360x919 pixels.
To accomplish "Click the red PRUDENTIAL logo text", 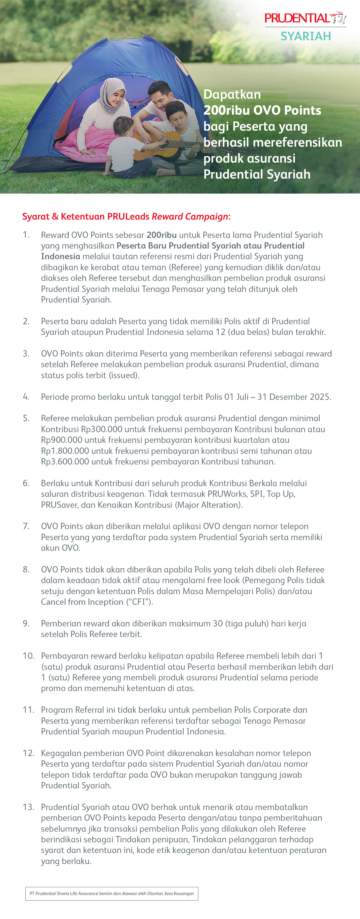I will click(x=297, y=18).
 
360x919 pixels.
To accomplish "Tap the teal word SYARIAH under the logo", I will click(x=305, y=36).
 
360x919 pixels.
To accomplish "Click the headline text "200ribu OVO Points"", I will click(x=262, y=110).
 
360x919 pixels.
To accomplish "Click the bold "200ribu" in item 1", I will click(x=162, y=235).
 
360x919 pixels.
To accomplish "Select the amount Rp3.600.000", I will click(x=65, y=461).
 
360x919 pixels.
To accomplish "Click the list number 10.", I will click(x=28, y=656).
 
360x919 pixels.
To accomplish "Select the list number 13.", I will click(x=28, y=807).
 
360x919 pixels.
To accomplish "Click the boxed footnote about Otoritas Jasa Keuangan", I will click(x=112, y=894).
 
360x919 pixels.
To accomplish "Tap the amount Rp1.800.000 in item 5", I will click(x=65, y=451).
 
